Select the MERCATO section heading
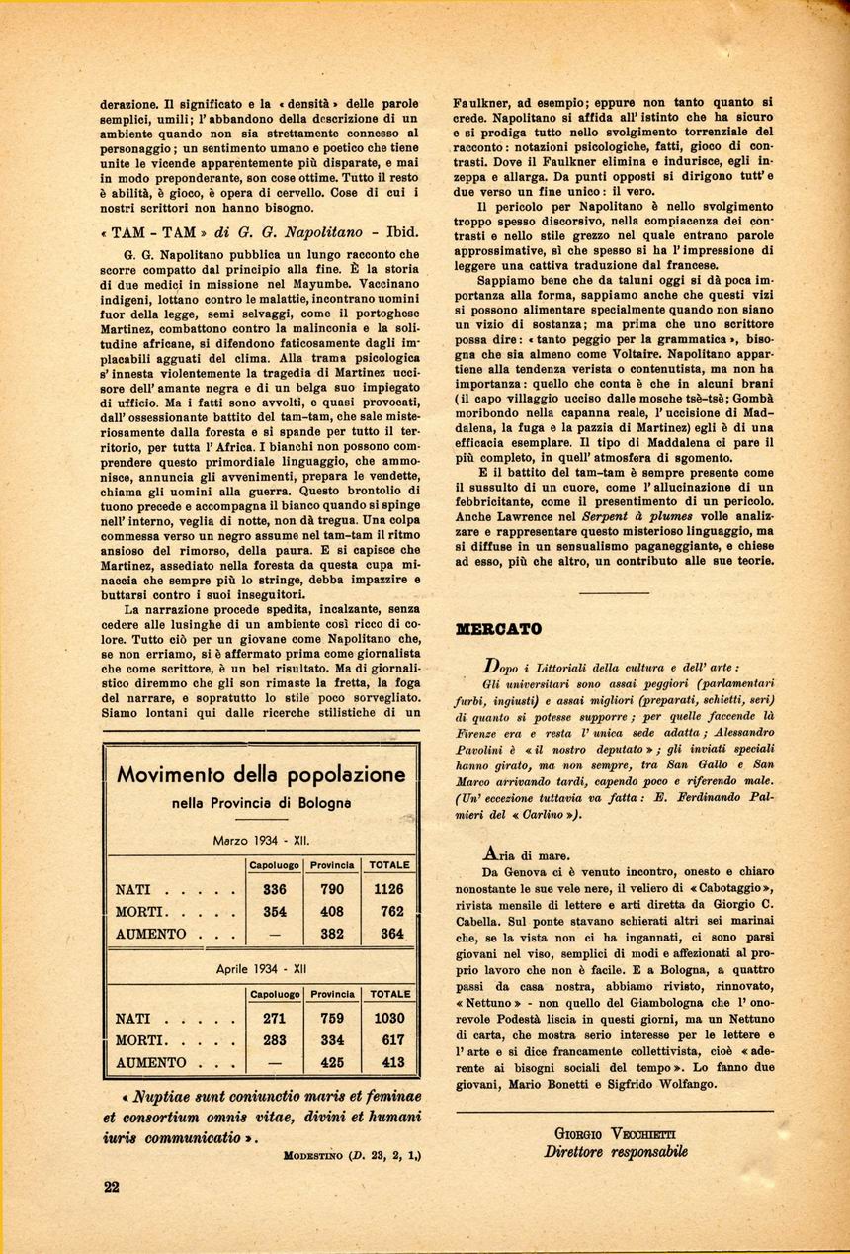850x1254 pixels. (498, 628)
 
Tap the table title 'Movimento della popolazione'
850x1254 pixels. (261, 774)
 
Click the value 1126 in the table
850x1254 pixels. (388, 889)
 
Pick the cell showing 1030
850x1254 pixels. (388, 1018)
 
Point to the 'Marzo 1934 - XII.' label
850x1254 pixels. (261, 841)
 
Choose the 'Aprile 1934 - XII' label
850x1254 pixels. (261, 969)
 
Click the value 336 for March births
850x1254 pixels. (275, 889)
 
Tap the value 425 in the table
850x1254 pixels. (333, 1063)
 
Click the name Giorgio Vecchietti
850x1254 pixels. (615, 1134)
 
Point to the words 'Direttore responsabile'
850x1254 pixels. (615, 1152)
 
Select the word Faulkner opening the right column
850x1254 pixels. (481, 103)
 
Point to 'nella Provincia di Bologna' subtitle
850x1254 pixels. (261, 803)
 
